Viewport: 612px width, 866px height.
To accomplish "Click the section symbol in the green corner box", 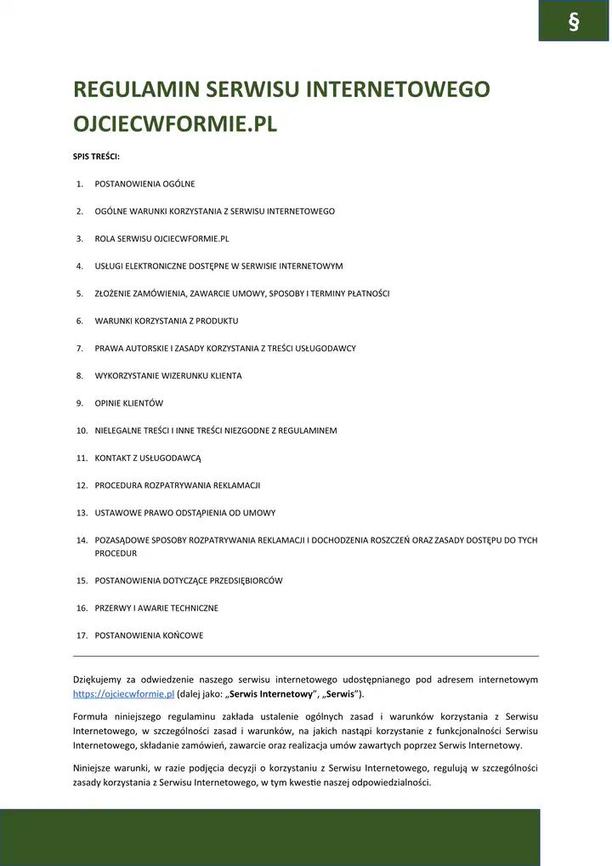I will point(574,22).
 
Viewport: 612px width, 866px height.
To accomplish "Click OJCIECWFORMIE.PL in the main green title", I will point(176,124).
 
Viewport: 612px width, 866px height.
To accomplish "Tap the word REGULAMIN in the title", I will point(138,89).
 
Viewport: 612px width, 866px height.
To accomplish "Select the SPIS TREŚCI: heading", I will point(97,157).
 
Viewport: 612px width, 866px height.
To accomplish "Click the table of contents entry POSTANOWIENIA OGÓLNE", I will point(144,184).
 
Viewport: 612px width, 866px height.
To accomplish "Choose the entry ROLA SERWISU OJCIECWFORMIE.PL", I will point(161,238).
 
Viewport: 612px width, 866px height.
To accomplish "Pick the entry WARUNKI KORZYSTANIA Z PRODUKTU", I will point(167,321).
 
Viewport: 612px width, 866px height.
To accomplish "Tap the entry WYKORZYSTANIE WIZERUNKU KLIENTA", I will point(168,375).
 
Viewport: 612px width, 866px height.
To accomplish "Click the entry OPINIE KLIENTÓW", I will point(128,402).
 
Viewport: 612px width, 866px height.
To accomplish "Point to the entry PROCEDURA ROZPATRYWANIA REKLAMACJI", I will point(177,485).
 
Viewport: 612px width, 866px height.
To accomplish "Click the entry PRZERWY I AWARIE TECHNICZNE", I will point(156,608).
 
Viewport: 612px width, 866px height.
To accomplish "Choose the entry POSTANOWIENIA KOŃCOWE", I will point(149,635).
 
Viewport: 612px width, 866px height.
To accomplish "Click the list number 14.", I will point(82,540).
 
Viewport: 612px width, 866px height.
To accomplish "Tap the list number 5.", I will point(79,293).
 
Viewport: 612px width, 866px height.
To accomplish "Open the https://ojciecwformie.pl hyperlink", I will point(124,694).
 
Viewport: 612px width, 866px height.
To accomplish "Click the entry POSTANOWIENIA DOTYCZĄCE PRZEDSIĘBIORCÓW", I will point(189,580).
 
